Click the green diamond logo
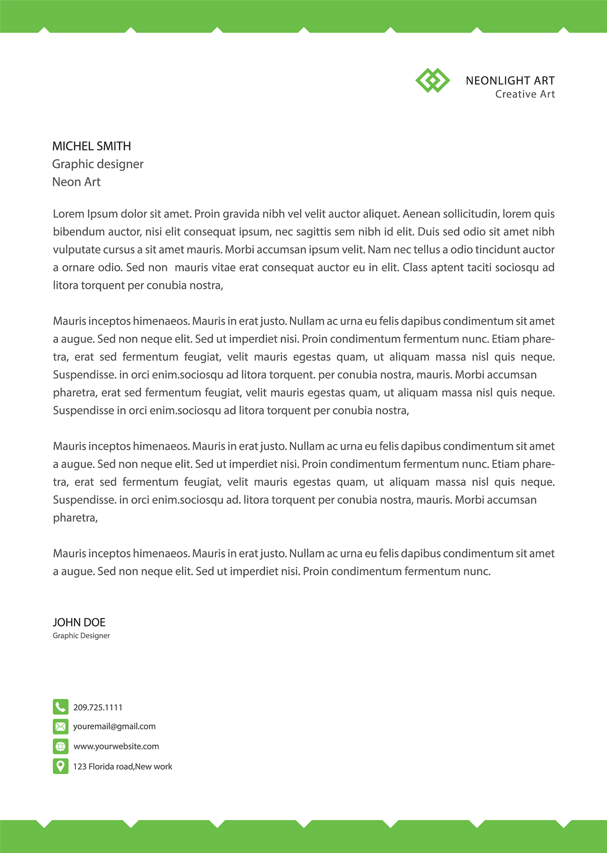click(432, 80)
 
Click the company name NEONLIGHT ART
click(510, 81)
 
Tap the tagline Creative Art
click(525, 94)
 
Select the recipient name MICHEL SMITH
click(92, 146)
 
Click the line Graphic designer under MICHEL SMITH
click(98, 164)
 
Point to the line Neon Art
click(76, 182)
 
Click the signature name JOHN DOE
click(79, 622)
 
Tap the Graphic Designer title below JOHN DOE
click(81, 636)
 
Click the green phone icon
click(60, 707)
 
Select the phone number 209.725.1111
click(98, 707)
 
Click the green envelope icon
click(60, 726)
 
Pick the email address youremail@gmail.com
click(114, 726)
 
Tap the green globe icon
click(60, 746)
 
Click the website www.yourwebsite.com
click(116, 746)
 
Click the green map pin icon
click(60, 766)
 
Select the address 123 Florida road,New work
click(123, 766)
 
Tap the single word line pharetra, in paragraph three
click(75, 518)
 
